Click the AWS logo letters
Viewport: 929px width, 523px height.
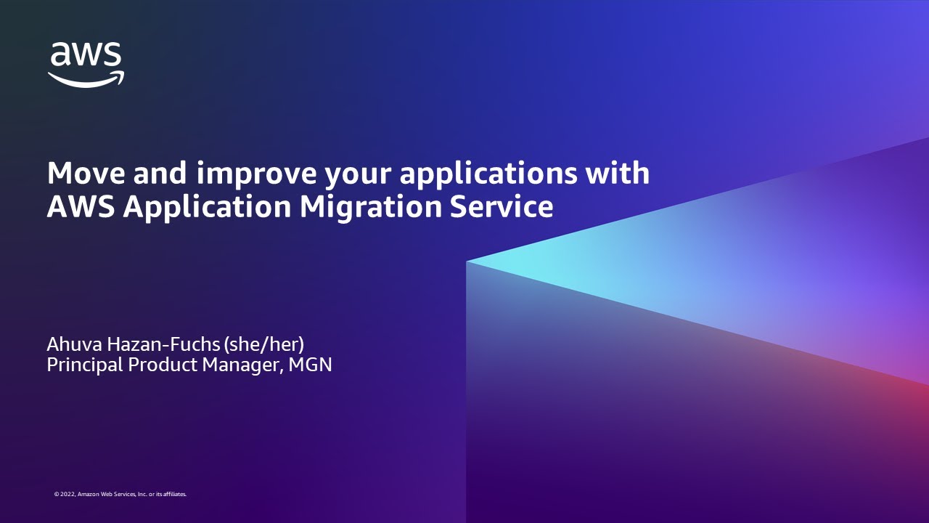click(x=86, y=54)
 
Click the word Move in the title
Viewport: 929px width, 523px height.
click(x=86, y=173)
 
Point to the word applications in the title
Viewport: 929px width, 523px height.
click(x=488, y=174)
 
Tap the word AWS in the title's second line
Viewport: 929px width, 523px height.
click(x=81, y=207)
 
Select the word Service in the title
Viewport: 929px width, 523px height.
click(x=502, y=207)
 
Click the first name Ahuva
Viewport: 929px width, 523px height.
click(x=75, y=344)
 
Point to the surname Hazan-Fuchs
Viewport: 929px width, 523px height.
click(x=163, y=344)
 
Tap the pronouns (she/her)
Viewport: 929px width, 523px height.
click(x=263, y=344)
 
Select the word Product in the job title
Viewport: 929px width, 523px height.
click(x=163, y=365)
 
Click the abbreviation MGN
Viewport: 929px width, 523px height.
click(x=310, y=365)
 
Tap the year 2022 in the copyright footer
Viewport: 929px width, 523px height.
click(x=67, y=495)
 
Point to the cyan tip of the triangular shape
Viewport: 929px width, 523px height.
click(x=467, y=261)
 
